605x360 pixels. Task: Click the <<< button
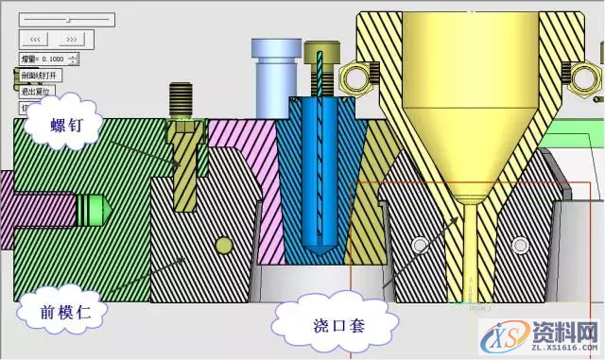coord(35,39)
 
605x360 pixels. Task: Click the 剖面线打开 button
coord(39,75)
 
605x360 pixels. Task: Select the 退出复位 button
coord(36,91)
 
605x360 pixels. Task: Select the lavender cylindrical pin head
coord(270,66)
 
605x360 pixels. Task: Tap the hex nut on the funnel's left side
coord(357,74)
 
